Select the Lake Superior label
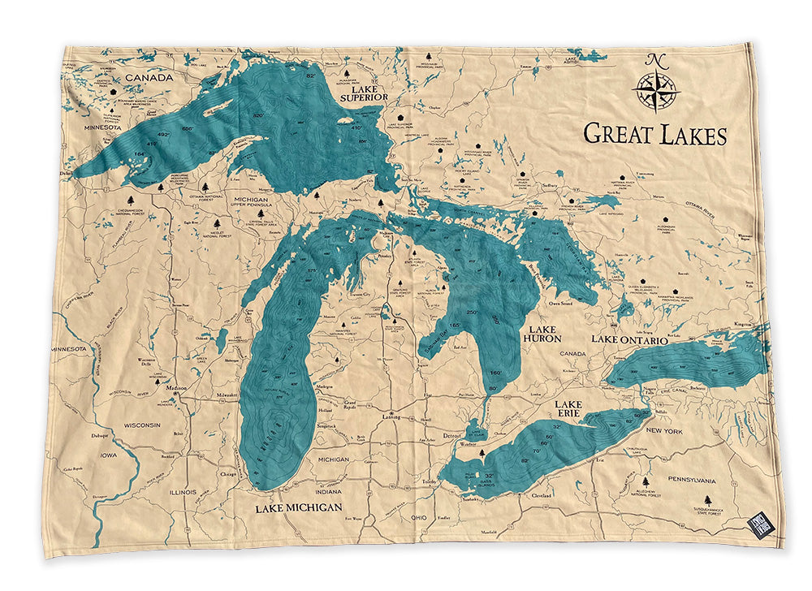[365, 92]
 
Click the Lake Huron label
[542, 334]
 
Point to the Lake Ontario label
[629, 339]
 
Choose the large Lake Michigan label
[298, 507]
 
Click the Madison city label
[176, 388]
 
